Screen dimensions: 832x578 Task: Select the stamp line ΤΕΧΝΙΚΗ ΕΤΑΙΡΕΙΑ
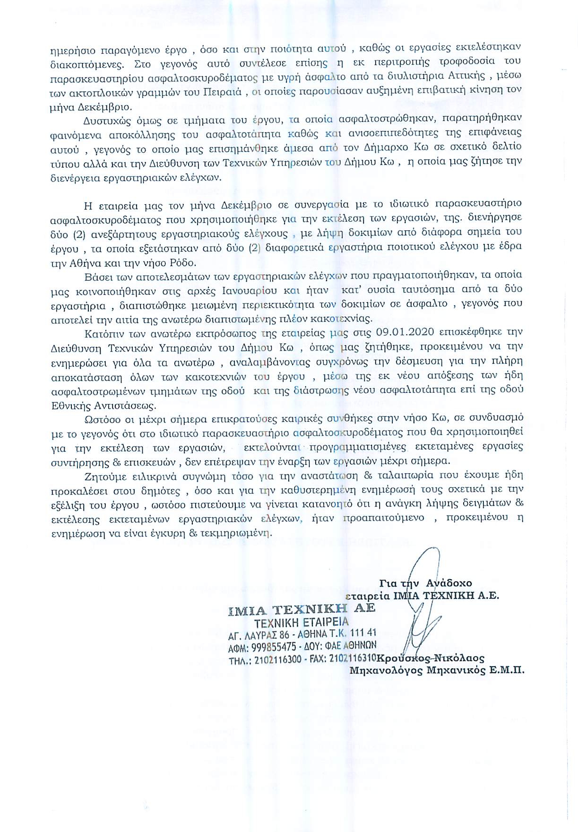[x=301, y=622]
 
